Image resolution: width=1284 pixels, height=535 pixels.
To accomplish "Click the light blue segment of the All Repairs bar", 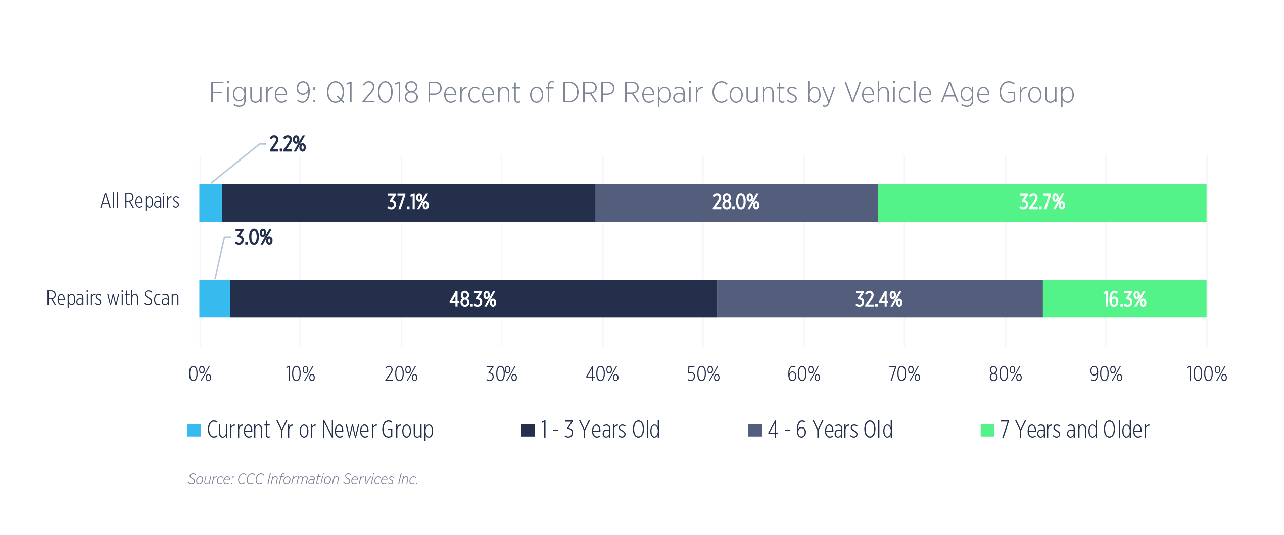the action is [x=211, y=202].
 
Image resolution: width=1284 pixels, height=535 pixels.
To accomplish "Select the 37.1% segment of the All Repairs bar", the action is [x=409, y=202].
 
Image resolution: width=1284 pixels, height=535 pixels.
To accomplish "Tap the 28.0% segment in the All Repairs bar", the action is [x=736, y=202].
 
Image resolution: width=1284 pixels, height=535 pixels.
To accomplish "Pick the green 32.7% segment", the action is [x=1042, y=202].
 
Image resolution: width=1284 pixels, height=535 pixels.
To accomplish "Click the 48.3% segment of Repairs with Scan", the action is [x=473, y=299].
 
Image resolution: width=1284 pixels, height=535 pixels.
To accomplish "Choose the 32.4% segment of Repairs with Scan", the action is [x=880, y=299].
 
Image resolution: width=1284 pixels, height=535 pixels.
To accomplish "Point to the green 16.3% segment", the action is [x=1125, y=299].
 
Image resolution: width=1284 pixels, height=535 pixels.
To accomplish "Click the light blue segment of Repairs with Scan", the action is [x=215, y=299].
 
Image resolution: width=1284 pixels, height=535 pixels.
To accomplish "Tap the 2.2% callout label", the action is [x=288, y=144].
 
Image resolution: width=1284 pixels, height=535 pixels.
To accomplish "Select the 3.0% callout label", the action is [x=254, y=237].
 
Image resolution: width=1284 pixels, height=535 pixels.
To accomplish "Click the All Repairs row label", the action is [x=139, y=201].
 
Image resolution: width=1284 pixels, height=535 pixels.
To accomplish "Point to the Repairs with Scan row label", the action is [x=113, y=298].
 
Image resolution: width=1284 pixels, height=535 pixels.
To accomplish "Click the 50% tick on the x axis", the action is [x=703, y=375].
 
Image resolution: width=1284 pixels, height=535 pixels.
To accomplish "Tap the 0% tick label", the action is [x=200, y=375].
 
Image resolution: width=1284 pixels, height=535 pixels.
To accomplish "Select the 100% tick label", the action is [x=1207, y=375].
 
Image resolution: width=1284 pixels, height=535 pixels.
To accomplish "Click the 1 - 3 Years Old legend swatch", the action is [x=528, y=430].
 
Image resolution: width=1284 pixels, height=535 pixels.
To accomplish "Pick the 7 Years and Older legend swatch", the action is [x=987, y=430].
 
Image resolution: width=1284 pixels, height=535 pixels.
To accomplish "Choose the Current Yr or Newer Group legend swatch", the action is [x=194, y=430].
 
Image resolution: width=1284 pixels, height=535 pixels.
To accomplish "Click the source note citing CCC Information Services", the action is [x=303, y=479].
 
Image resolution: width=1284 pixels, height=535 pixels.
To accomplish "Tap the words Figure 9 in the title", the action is [x=263, y=93].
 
